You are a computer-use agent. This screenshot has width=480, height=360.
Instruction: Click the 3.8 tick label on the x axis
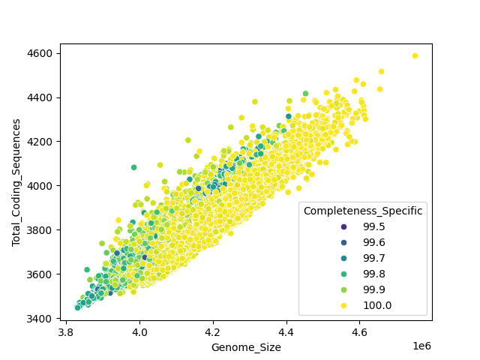pos(67,331)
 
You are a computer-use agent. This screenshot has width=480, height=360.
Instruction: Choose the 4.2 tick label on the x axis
pos(213,331)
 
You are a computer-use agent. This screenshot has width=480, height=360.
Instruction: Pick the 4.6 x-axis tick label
pos(359,331)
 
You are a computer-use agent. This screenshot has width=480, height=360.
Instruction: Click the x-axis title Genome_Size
pos(246,347)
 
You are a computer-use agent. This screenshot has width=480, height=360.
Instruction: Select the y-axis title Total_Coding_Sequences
pos(16,181)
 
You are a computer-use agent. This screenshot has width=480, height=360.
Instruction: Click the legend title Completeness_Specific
pos(363,211)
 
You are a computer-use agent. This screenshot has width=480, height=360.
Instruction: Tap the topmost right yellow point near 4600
pos(415,55)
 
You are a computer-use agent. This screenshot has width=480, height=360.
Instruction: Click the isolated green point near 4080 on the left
pos(134,167)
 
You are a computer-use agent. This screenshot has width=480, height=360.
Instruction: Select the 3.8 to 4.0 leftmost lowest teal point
pos(78,307)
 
